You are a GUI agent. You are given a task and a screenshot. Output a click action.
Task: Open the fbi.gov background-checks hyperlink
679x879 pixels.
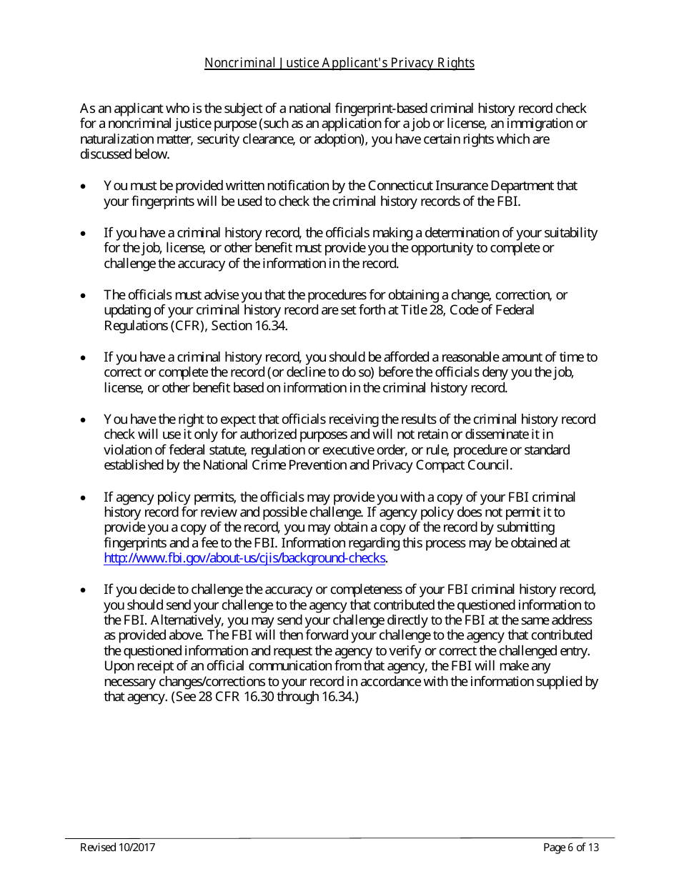pyautogui.click(x=244, y=559)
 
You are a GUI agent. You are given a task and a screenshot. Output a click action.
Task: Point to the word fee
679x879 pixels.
pyautogui.click(x=215, y=543)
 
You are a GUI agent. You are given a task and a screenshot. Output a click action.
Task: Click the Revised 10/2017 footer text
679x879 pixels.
pyautogui.click(x=117, y=848)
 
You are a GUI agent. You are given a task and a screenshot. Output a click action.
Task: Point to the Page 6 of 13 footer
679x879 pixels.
pyautogui.click(x=570, y=848)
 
